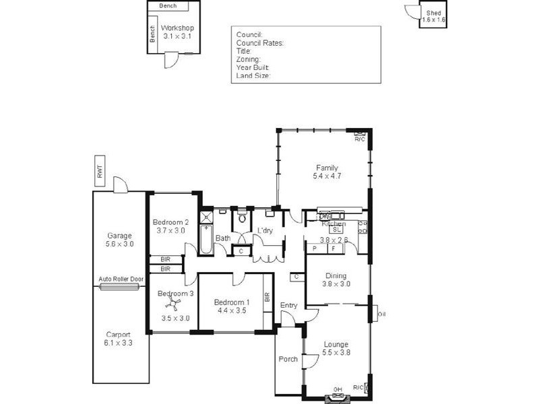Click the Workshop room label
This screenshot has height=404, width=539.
(x=177, y=28)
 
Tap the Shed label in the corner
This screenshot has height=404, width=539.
(x=433, y=12)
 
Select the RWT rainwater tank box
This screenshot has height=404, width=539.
(x=100, y=171)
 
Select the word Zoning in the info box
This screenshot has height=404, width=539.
(x=247, y=59)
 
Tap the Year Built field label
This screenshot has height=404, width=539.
(x=253, y=67)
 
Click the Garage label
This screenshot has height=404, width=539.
(x=120, y=236)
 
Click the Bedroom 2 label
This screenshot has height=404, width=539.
(x=170, y=222)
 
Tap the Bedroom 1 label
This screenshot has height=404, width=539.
(x=231, y=302)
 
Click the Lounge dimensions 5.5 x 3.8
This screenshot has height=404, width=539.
(x=336, y=352)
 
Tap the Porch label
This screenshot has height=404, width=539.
(x=288, y=359)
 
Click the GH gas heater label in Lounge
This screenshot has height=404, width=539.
(x=338, y=389)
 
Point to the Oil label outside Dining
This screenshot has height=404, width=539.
(x=382, y=314)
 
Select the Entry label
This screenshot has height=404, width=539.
(x=288, y=305)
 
